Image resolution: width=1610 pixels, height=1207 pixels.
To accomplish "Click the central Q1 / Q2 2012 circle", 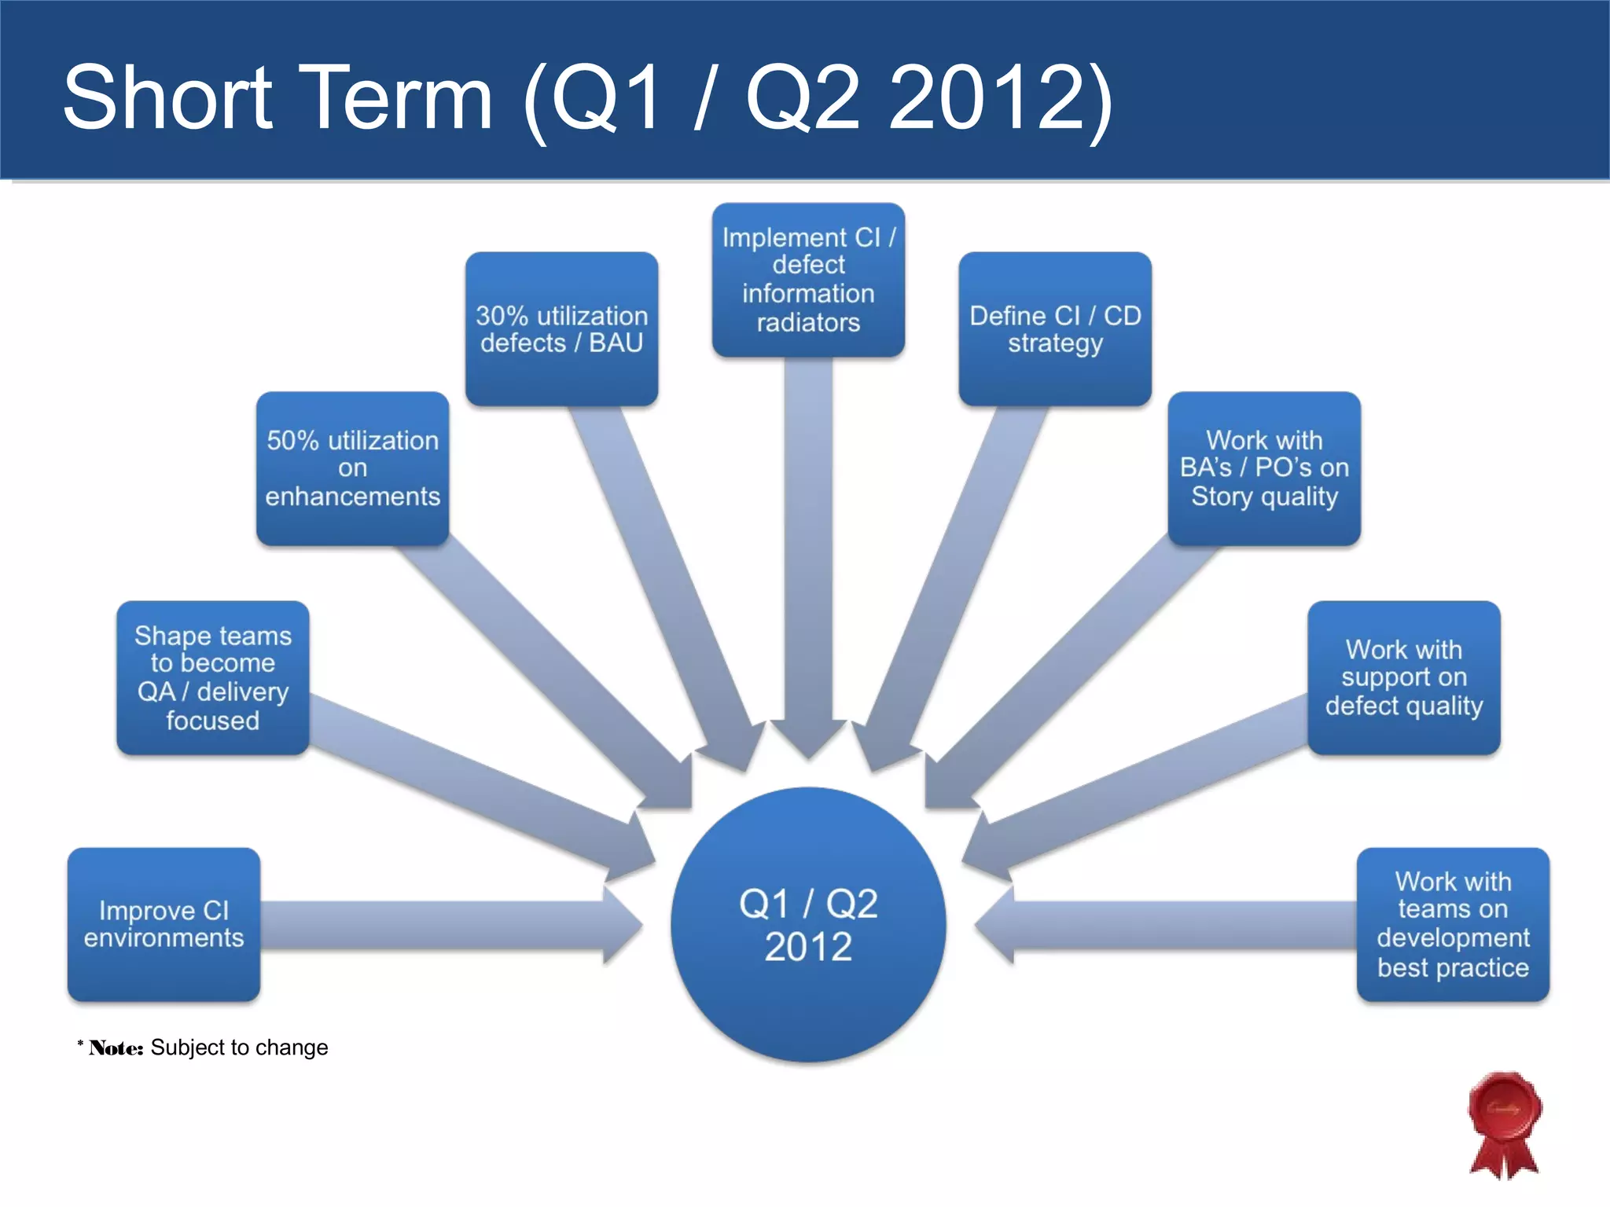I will pos(808,924).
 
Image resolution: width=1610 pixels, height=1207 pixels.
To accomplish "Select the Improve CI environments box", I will pos(164,924).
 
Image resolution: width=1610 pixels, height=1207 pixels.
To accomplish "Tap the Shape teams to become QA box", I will pos(212,677).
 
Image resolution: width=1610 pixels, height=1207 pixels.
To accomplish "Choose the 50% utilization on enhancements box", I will pos(352,468).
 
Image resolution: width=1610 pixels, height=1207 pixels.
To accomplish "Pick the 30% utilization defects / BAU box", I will pos(561,328).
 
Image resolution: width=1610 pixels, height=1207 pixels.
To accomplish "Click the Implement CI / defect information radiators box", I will pos(808,280).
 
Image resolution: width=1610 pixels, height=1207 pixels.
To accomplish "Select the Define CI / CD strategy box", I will pos(1055,328).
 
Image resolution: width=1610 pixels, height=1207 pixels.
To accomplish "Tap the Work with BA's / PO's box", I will pos(1264,468).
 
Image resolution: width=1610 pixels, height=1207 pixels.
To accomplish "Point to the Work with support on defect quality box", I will pos(1404,677).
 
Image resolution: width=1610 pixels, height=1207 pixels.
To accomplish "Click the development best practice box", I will pos(1453,924).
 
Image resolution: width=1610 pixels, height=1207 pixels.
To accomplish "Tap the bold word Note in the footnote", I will pos(116,1048).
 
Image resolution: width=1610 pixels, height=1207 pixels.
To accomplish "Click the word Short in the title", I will pos(167,97).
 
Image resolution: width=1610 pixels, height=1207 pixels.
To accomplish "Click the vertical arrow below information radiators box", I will pos(808,550).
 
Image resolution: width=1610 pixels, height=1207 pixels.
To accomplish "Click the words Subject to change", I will pos(239,1047).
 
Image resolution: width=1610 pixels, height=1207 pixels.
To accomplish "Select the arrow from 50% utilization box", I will pos(550,668).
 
